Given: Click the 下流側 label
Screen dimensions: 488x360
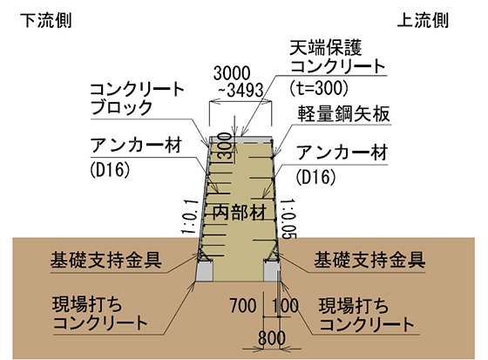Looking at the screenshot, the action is [45, 21].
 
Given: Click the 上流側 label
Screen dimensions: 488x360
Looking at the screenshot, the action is [423, 21].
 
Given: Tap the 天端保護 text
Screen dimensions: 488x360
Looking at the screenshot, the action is [326, 48].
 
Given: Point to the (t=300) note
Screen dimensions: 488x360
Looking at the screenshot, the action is [318, 88].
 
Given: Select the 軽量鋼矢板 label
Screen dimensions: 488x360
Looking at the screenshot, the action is [343, 113].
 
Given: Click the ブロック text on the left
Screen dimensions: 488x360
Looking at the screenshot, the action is [121, 107].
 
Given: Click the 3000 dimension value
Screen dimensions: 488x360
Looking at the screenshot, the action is [232, 73].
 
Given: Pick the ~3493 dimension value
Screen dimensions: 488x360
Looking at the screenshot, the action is [241, 91].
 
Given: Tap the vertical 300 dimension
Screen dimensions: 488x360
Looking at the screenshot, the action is [227, 146].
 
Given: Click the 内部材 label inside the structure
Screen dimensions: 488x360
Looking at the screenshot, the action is [240, 213].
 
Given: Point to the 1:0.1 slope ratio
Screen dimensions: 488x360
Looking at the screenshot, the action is [190, 217].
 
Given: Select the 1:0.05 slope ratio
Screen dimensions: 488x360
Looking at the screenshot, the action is [288, 219].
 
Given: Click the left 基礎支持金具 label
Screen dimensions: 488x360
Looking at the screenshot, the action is [105, 260].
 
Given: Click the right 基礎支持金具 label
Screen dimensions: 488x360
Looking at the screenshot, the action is [369, 260].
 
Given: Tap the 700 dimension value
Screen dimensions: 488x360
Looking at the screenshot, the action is [243, 305].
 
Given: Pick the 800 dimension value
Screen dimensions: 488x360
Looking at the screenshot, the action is [272, 338].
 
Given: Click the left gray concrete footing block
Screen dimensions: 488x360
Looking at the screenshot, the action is [205, 271].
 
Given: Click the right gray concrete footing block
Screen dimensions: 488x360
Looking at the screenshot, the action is [272, 271].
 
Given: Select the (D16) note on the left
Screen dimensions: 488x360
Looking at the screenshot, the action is [110, 170].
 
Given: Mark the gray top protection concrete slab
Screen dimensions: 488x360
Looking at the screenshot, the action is [241, 139].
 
